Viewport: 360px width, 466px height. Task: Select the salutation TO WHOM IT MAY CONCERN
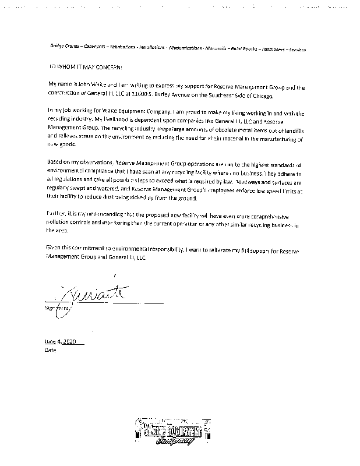pyautogui.click(x=77, y=68)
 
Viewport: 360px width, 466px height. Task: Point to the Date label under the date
pyautogui.click(x=51, y=351)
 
